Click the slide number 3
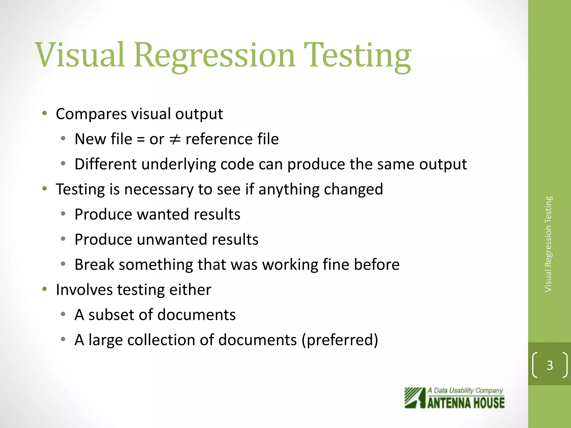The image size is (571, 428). [550, 365]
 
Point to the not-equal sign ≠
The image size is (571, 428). [175, 139]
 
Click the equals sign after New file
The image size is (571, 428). [141, 139]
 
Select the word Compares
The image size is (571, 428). [91, 114]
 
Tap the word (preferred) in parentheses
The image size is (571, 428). [340, 340]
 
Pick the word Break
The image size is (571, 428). [94, 264]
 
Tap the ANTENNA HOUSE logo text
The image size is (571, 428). [466, 403]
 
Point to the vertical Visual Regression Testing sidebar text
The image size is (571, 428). [548, 244]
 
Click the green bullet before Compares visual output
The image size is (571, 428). [44, 113]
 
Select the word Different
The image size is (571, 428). [105, 164]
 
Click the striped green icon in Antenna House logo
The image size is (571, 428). [415, 398]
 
